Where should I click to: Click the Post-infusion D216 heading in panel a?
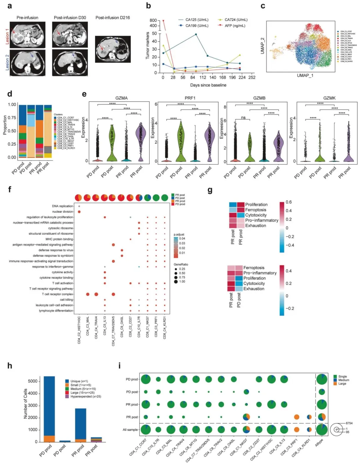(x=112, y=17)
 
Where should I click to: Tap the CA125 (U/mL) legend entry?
(x=197, y=20)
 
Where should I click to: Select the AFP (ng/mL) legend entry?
(x=235, y=26)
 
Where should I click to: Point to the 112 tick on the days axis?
(x=203, y=77)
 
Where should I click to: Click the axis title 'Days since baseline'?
(x=208, y=85)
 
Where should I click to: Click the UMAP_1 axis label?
(x=305, y=75)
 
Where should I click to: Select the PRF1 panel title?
(x=190, y=98)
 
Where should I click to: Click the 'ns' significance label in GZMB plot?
(x=243, y=117)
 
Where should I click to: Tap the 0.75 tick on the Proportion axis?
(x=12, y=118)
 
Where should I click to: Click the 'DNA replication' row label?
(x=62, y=206)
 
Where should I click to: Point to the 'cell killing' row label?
(x=66, y=300)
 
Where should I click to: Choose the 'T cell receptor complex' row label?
(x=57, y=294)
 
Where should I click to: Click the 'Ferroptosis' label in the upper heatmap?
(x=256, y=210)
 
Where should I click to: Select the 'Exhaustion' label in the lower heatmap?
(x=254, y=289)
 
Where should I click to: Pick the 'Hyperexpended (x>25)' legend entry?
(x=86, y=397)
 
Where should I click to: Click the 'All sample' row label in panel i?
(x=130, y=430)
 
